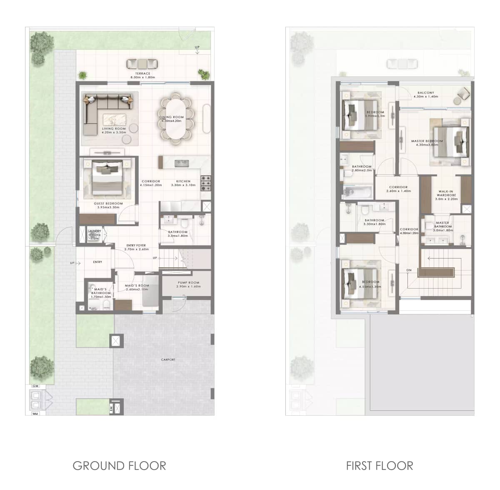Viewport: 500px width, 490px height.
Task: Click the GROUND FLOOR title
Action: click(x=119, y=466)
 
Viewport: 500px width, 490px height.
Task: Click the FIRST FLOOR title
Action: click(x=380, y=466)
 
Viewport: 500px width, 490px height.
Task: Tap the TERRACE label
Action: click(x=142, y=73)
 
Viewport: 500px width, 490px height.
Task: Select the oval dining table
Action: click(x=175, y=118)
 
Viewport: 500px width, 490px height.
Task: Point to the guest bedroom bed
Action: click(x=107, y=178)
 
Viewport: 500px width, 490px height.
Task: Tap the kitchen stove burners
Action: click(x=206, y=181)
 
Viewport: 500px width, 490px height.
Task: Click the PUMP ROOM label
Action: click(x=188, y=282)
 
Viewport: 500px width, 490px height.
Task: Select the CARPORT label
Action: click(x=168, y=359)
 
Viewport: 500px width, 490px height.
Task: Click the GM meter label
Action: click(x=36, y=387)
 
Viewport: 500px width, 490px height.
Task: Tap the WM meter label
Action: click(x=35, y=414)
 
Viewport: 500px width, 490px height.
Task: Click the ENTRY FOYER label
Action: click(x=136, y=246)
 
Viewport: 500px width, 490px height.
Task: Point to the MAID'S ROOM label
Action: click(x=137, y=286)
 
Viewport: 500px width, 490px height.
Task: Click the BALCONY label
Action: click(x=426, y=93)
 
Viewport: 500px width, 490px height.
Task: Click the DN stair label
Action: click(x=409, y=270)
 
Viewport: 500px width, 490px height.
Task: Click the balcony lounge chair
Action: click(x=462, y=94)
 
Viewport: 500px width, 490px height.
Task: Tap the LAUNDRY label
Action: click(x=94, y=231)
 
